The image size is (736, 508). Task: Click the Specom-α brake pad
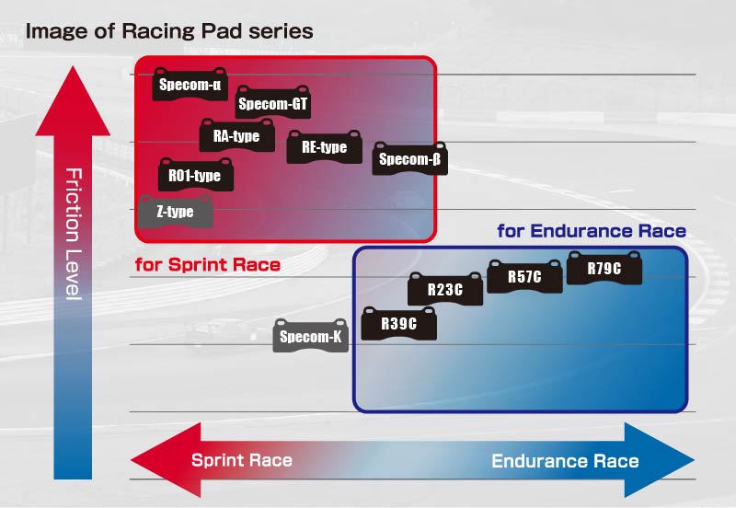[x=190, y=86]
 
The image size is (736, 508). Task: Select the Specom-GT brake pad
[x=272, y=104]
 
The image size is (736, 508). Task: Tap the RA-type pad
[x=236, y=136]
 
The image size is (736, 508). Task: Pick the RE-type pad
[x=324, y=147]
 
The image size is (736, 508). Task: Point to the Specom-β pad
[x=410, y=159]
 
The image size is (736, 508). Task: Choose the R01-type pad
[x=195, y=175]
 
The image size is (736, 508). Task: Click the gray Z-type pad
[x=175, y=212]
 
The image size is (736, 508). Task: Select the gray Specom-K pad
[x=311, y=337]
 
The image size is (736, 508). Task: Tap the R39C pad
[x=398, y=324]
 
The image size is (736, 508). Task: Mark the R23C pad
[x=445, y=290]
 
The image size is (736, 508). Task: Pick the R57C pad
[x=524, y=276]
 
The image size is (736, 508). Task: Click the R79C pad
[x=604, y=269]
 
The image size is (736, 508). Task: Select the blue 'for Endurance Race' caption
[x=592, y=231]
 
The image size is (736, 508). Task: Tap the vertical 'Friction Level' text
[x=74, y=234]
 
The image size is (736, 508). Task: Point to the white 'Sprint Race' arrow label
[x=242, y=461]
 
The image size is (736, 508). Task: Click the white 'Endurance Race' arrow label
[x=565, y=461]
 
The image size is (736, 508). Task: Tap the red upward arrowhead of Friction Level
[x=73, y=101]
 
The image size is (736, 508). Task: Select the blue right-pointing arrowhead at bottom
[x=661, y=460]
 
